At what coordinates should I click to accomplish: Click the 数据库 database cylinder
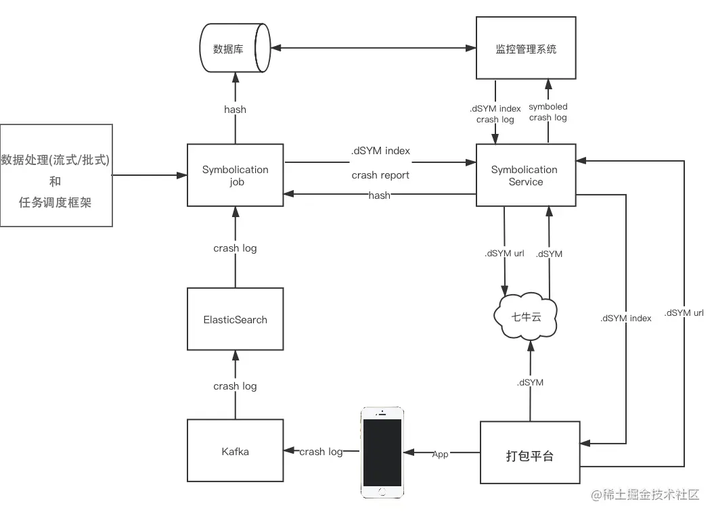click(x=234, y=49)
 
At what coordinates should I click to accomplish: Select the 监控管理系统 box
click(x=526, y=49)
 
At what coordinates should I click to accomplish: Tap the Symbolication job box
click(x=235, y=176)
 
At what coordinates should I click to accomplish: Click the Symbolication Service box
click(x=525, y=176)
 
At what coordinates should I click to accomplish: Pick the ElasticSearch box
click(x=235, y=319)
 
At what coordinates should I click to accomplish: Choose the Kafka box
click(x=235, y=451)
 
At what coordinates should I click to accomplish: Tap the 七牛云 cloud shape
click(x=527, y=316)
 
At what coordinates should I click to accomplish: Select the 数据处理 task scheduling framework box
click(x=55, y=175)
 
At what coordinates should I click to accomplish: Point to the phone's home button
click(x=382, y=492)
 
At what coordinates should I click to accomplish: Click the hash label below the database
click(x=235, y=109)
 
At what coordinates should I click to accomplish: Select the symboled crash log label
click(x=548, y=112)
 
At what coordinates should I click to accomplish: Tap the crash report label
click(x=380, y=175)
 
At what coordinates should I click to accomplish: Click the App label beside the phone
click(x=441, y=454)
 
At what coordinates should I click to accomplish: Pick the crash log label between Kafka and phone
click(x=321, y=451)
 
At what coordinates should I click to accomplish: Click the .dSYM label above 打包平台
click(x=530, y=382)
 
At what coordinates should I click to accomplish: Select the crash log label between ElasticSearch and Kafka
click(x=235, y=386)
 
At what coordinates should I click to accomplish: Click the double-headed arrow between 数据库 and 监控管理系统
click(x=372, y=48)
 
